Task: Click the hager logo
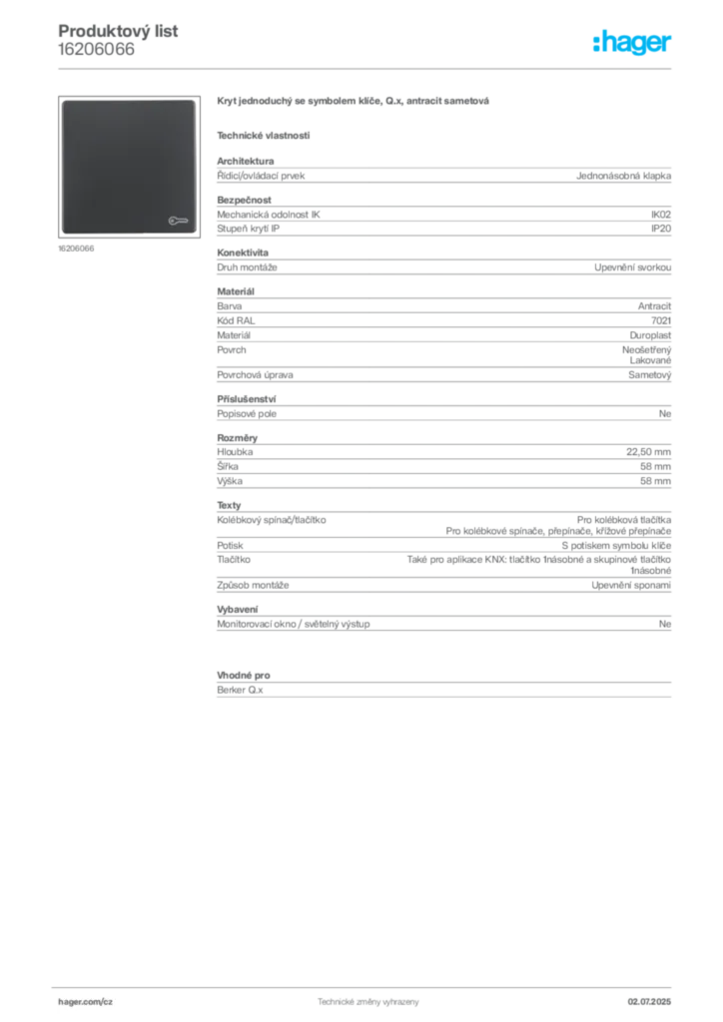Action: click(x=632, y=42)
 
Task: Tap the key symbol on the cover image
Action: click(x=178, y=221)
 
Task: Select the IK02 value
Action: click(x=660, y=215)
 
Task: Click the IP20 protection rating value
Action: click(x=661, y=229)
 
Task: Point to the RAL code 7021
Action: click(x=661, y=320)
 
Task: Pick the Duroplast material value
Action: click(x=650, y=335)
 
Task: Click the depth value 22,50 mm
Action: click(x=649, y=452)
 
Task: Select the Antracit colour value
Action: click(x=654, y=305)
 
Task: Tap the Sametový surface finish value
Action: click(x=649, y=375)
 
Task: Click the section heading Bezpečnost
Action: click(x=244, y=200)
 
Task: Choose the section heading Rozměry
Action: click(x=238, y=438)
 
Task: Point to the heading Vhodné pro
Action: click(x=244, y=676)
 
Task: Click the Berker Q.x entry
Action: click(x=240, y=690)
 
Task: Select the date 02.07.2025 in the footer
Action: click(x=649, y=1002)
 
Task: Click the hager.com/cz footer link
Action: click(x=86, y=1002)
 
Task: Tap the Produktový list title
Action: click(x=118, y=31)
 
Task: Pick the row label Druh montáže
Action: click(x=247, y=267)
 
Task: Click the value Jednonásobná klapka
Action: click(x=623, y=176)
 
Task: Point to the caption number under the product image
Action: click(x=76, y=249)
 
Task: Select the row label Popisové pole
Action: click(x=247, y=414)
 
